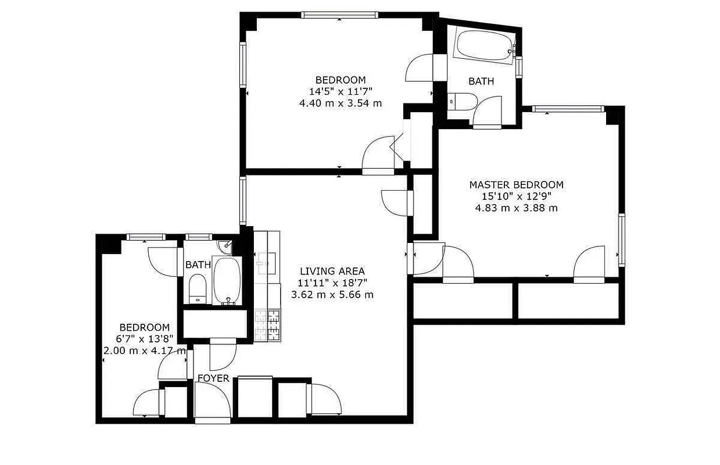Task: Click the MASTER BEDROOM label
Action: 516,185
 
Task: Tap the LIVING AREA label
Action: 332,271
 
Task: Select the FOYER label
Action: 213,378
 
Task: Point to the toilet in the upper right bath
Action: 463,101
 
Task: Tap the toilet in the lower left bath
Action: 198,288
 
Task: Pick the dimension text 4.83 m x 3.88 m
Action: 516,208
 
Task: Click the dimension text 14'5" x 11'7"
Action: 340,91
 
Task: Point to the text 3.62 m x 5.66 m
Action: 332,294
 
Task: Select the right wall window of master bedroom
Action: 621,239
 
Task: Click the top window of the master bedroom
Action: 568,108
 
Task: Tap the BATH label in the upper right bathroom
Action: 481,81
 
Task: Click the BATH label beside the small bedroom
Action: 198,264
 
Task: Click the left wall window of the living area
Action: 243,201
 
